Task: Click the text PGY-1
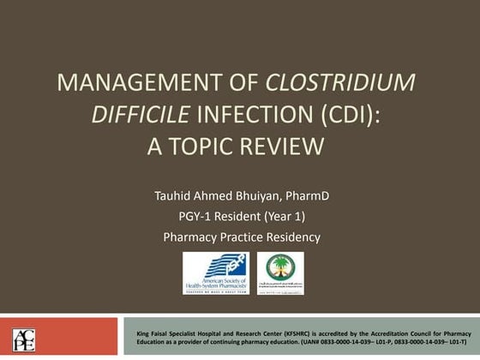point(197,216)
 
